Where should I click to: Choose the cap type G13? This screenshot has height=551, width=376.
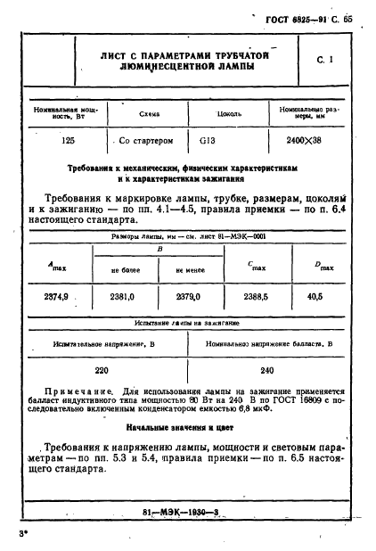208,141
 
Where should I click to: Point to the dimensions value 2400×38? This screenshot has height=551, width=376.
304,141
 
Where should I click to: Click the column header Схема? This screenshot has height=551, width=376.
150,114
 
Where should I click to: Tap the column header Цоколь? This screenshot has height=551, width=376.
229,114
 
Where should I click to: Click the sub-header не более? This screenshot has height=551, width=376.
122,268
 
